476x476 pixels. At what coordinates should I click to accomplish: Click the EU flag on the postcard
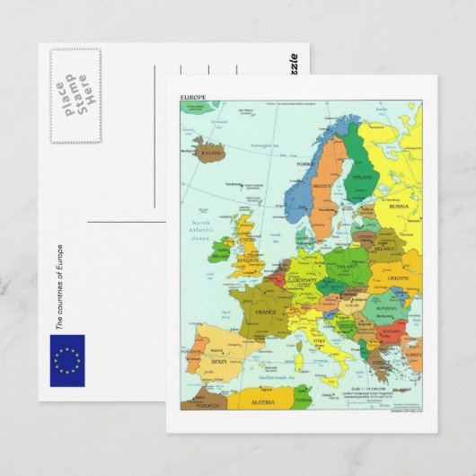(67, 360)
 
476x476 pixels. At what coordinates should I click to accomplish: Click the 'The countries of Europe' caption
(59, 287)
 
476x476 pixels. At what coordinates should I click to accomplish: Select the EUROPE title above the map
(193, 96)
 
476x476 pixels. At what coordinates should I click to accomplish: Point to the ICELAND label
(211, 154)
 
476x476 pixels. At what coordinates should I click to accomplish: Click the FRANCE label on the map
(266, 313)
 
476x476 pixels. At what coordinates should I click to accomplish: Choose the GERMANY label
(306, 280)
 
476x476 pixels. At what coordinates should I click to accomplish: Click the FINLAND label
(362, 177)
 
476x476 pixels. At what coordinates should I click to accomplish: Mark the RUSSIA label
(398, 207)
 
